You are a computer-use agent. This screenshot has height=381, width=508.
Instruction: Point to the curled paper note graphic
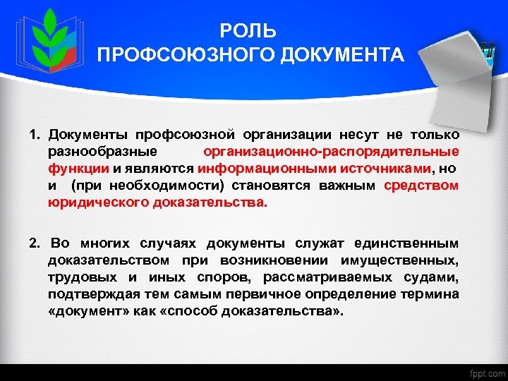point(452,71)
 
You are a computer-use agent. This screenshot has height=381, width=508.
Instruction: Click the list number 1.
point(33,134)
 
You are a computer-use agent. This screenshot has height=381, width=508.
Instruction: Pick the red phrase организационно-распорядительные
point(331,151)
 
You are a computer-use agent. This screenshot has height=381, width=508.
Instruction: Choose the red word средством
point(421,185)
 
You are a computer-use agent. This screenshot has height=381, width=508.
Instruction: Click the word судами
point(433,277)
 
